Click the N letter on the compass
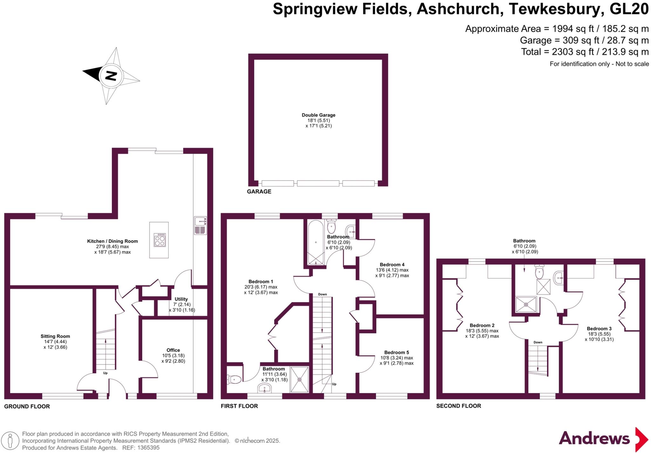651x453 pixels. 111,76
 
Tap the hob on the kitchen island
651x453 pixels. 160,240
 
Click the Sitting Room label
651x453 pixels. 55,336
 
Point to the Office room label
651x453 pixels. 173,350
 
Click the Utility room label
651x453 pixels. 181,299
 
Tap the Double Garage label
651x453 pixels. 319,115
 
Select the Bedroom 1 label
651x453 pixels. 261,282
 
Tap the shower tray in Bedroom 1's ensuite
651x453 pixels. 299,379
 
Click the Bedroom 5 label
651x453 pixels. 396,352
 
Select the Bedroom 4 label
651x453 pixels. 392,264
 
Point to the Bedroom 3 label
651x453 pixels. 599,329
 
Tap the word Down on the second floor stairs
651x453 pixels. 538,342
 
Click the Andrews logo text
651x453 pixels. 594,438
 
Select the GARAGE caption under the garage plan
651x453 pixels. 259,191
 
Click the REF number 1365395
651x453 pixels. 148,448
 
